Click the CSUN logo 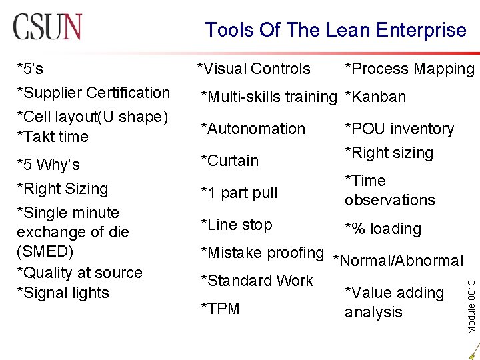(47, 27)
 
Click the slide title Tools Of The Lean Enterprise (335, 30)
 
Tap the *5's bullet (31, 68)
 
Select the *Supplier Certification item (93, 93)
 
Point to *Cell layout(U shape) (92, 117)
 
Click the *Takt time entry (53, 137)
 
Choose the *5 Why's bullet (49, 165)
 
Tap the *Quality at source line (79, 273)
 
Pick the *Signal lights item (63, 293)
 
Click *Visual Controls (254, 69)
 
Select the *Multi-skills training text (269, 97)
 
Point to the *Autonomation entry (253, 129)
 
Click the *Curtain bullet (230, 161)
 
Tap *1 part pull (239, 193)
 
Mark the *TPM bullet (221, 309)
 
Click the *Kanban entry (375, 97)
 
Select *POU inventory (399, 129)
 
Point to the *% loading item (383, 229)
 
